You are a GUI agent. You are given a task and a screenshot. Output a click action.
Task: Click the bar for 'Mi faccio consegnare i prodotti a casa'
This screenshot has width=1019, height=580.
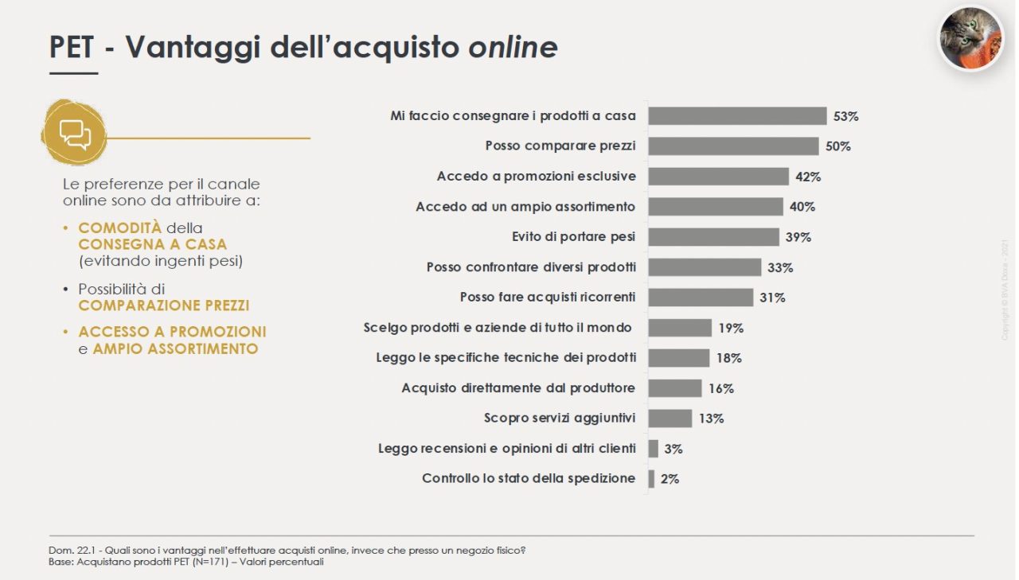point(737,116)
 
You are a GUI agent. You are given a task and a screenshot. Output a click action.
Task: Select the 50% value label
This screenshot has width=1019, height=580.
point(838,146)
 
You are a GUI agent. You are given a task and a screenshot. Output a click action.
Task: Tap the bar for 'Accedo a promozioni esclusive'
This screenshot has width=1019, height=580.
point(719,177)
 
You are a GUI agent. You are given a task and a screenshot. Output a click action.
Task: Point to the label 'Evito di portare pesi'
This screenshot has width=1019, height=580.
point(573,237)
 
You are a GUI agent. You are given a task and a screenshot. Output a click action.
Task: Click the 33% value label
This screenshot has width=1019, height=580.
point(780,268)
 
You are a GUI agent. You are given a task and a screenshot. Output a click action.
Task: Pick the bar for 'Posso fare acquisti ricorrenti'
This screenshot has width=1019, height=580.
point(701,298)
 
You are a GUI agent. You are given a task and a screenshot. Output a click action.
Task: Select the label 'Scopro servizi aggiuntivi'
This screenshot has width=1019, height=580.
point(560,418)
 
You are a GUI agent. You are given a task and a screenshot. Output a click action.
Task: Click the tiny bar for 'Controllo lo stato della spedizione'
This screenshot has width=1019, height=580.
point(651,479)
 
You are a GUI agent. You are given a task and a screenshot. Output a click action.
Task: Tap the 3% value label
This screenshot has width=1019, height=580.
point(673,449)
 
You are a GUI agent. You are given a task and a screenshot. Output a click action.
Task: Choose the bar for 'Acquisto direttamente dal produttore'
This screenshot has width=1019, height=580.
point(675,388)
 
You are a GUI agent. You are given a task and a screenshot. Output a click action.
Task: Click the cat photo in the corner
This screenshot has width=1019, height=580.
point(970,38)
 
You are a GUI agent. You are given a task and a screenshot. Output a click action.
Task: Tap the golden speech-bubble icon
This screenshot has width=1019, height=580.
point(74,133)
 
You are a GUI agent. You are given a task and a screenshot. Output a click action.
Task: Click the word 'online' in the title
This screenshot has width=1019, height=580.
point(513,47)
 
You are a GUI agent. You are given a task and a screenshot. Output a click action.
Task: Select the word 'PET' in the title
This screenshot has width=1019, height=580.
point(72,47)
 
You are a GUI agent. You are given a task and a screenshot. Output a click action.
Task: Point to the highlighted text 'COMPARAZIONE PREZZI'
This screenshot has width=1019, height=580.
point(164,306)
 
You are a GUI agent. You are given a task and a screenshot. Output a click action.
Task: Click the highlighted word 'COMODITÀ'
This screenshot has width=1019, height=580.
point(119,228)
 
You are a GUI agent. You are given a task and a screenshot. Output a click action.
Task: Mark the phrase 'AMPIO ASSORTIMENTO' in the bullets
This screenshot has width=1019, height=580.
point(176,348)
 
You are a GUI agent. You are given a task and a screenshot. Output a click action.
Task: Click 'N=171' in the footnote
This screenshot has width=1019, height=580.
point(209,562)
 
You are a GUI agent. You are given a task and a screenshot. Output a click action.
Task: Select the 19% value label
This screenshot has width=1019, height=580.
point(731,328)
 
